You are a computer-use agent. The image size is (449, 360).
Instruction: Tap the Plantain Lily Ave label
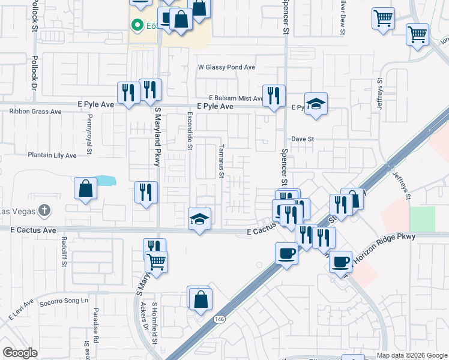pyautogui.click(x=52, y=155)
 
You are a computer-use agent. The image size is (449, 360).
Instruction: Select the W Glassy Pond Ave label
pyautogui.click(x=227, y=68)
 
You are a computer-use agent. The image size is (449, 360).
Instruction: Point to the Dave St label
pyautogui.click(x=303, y=139)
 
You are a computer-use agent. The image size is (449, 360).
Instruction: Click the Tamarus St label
pyautogui.click(x=221, y=161)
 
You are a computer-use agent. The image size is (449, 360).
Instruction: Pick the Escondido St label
pyautogui.click(x=190, y=130)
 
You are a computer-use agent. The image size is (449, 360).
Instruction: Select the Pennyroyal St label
pyautogui.click(x=88, y=140)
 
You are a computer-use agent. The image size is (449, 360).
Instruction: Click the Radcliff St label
pyautogui.click(x=63, y=251)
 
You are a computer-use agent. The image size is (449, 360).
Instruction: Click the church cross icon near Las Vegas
pyautogui.click(x=44, y=211)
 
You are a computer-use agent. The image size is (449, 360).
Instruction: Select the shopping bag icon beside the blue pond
pyautogui.click(x=86, y=188)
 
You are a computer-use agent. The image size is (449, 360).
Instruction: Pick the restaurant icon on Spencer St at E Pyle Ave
pyautogui.click(x=274, y=95)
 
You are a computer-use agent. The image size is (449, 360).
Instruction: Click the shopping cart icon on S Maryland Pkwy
pyautogui.click(x=156, y=261)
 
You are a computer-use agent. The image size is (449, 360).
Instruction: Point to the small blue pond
pyautogui.click(x=105, y=180)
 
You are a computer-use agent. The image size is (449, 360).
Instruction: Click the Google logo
pyautogui.click(x=20, y=353)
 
